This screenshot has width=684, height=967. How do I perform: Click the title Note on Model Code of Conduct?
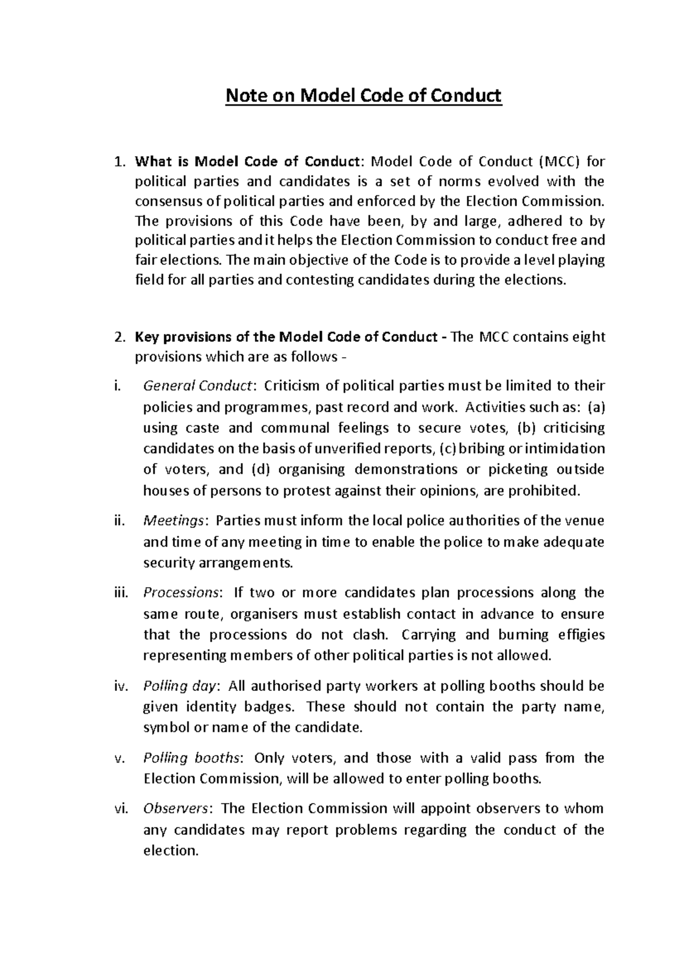click(364, 96)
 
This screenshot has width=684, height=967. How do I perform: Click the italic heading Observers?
click(178, 809)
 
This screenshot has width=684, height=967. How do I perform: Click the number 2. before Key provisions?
click(119, 337)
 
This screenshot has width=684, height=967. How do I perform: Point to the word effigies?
click(581, 634)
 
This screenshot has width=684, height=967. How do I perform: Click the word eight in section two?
click(589, 337)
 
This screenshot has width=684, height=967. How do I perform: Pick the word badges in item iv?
click(270, 707)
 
